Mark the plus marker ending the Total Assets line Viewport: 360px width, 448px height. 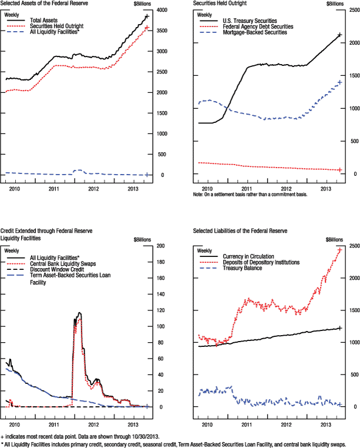[x=147, y=16]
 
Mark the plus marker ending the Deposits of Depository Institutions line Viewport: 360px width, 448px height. [x=339, y=250]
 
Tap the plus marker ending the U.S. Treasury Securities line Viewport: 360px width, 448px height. [x=339, y=35]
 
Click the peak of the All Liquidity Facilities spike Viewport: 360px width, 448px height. [x=79, y=313]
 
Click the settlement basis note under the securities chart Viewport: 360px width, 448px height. [x=250, y=194]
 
